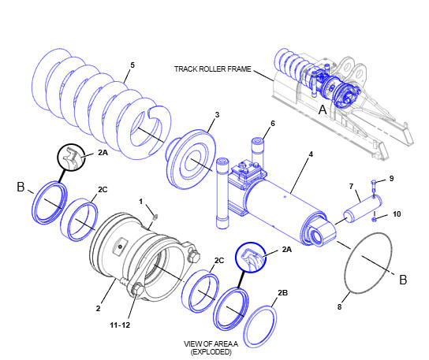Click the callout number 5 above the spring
pyautogui.click(x=132, y=65)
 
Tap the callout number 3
pyautogui.click(x=217, y=115)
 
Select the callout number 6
pyautogui.click(x=273, y=124)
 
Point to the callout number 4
pyautogui.click(x=311, y=154)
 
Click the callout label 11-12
pyautogui.click(x=120, y=325)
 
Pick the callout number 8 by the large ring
pyautogui.click(x=339, y=306)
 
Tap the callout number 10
pyautogui.click(x=397, y=213)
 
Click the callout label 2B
pyautogui.click(x=282, y=293)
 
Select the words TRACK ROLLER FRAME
pyautogui.click(x=213, y=69)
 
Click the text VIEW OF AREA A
pyautogui.click(x=211, y=344)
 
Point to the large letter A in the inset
pyautogui.click(x=323, y=109)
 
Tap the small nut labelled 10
pyautogui.click(x=374, y=220)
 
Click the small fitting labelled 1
pyautogui.click(x=155, y=217)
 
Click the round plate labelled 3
pyautogui.click(x=192, y=159)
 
